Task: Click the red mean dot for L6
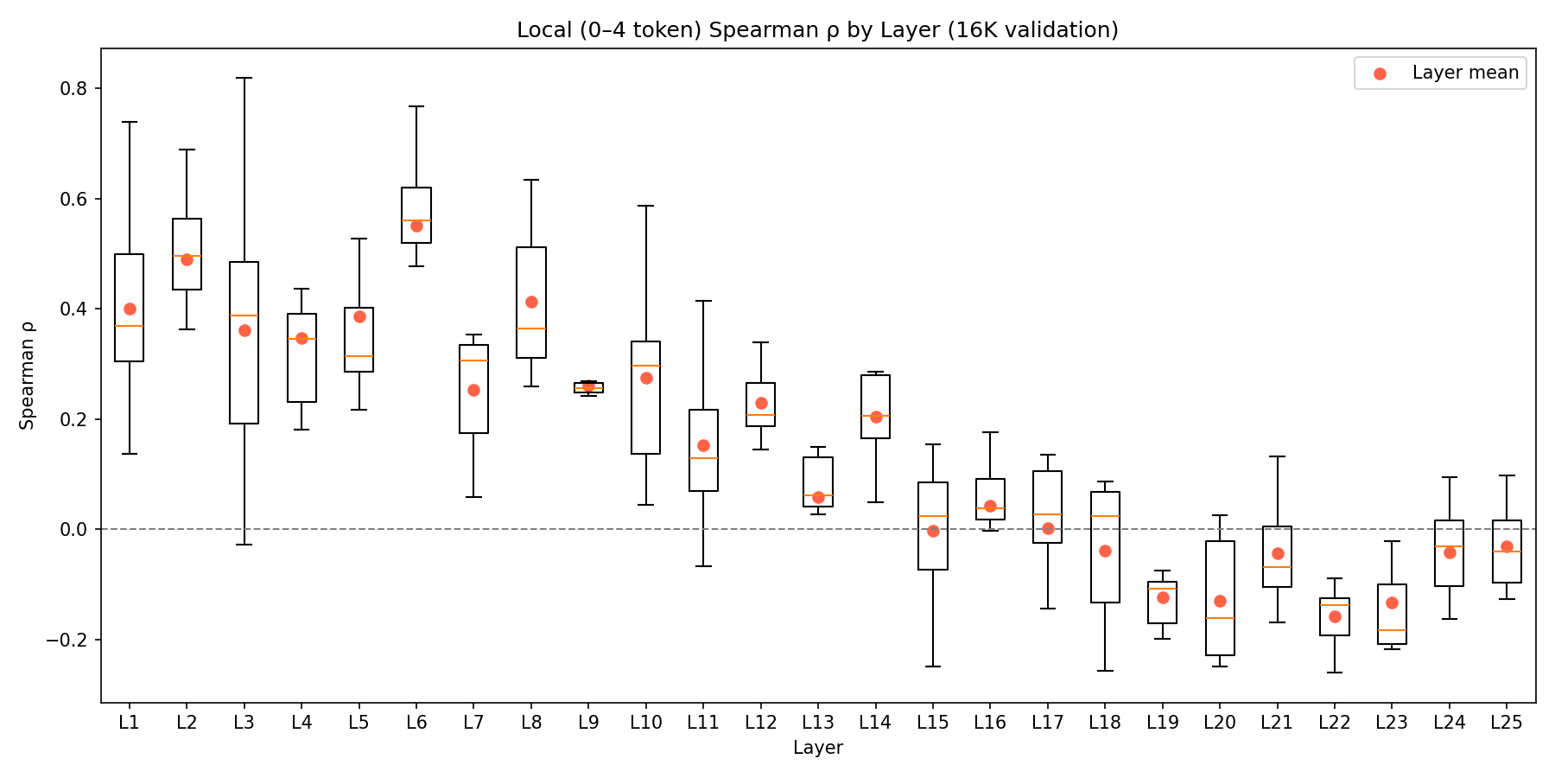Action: pyautogui.click(x=416, y=226)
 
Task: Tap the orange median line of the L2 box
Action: pyautogui.click(x=187, y=256)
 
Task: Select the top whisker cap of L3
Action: pyautogui.click(x=244, y=78)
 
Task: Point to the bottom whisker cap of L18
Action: pyautogui.click(x=1105, y=671)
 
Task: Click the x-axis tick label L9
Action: pyautogui.click(x=588, y=723)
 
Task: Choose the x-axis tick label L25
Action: pyautogui.click(x=1507, y=723)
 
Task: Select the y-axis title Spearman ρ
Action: pyautogui.click(x=28, y=375)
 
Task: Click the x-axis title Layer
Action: pyautogui.click(x=817, y=748)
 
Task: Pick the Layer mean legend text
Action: pyautogui.click(x=1465, y=73)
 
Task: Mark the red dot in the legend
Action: pyautogui.click(x=1380, y=73)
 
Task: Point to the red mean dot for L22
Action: pyautogui.click(x=1335, y=616)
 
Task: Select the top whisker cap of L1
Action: pyautogui.click(x=130, y=122)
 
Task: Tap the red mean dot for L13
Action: pyautogui.click(x=818, y=497)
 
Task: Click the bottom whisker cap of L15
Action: pyautogui.click(x=933, y=666)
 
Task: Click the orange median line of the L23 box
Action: pyautogui.click(x=1392, y=630)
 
